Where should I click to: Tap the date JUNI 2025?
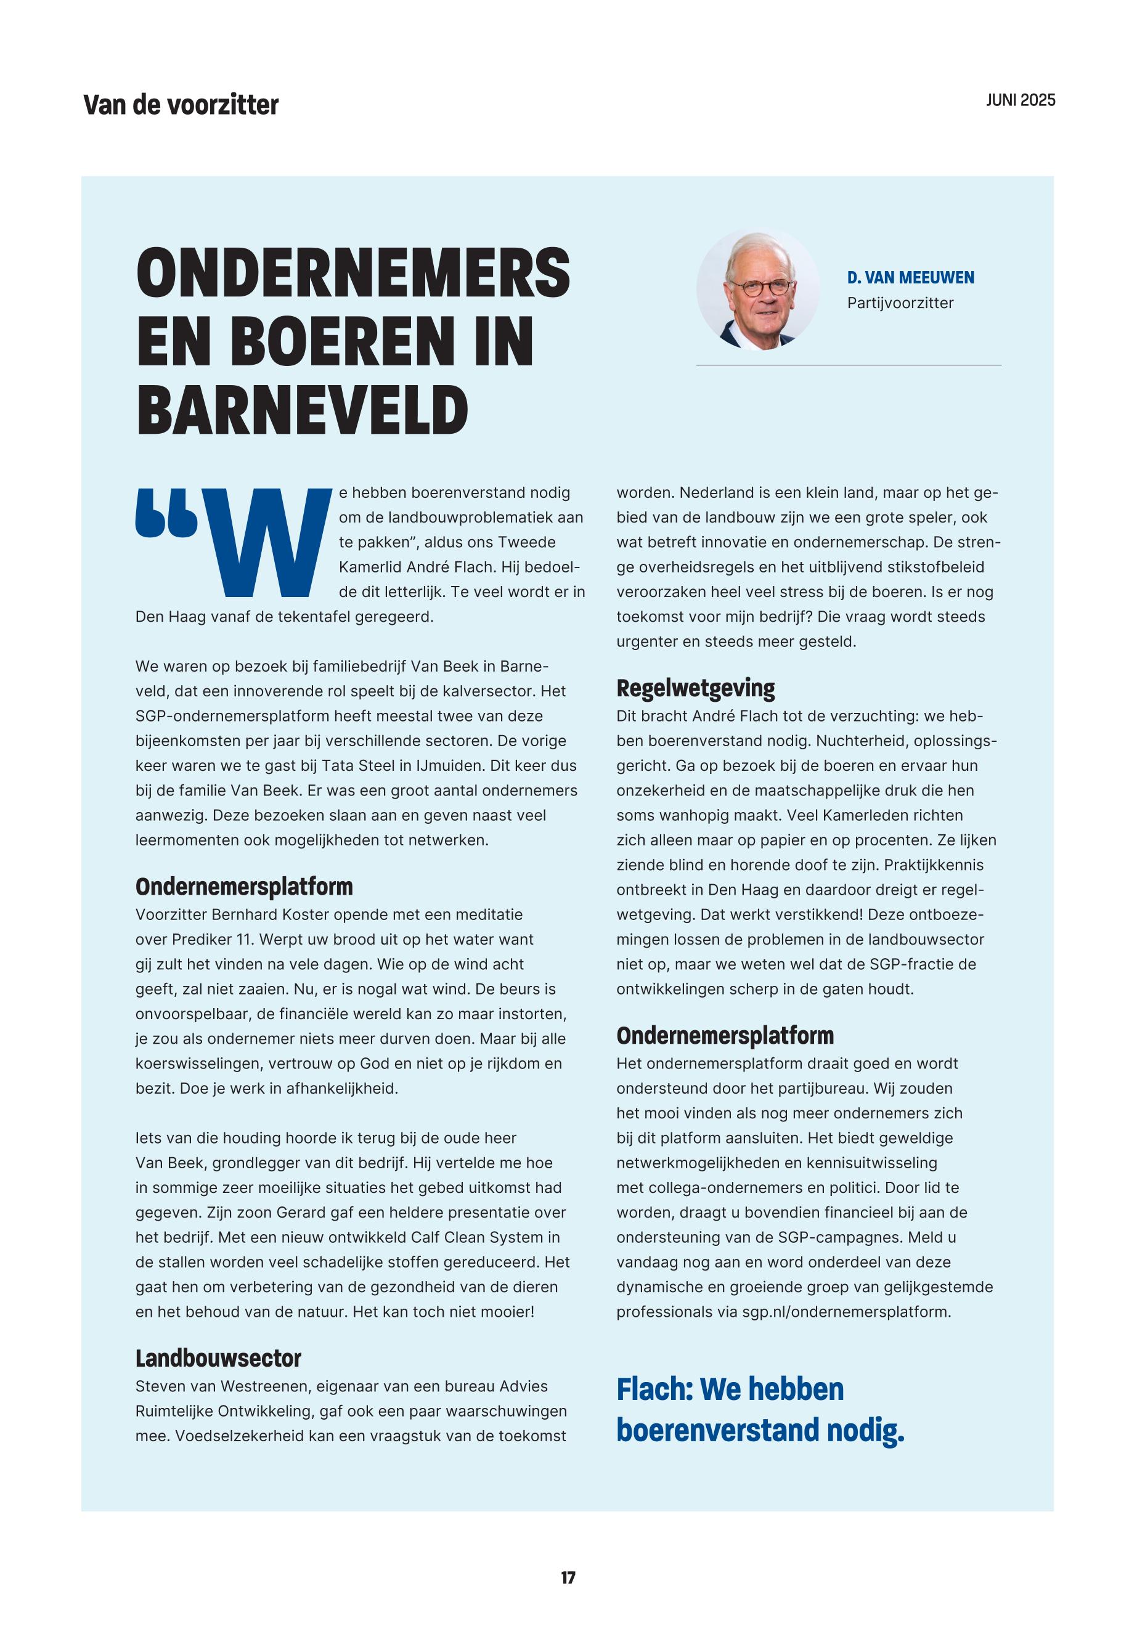pos(1020,100)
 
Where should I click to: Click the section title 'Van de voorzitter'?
pos(181,105)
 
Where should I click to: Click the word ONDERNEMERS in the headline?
pos(353,274)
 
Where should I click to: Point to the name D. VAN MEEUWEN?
pos(910,278)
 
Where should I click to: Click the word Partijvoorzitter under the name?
pos(900,303)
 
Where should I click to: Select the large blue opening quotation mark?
pos(166,511)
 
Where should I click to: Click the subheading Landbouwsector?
pos(218,1359)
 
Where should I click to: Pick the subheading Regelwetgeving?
pos(695,688)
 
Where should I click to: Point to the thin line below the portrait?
pos(848,365)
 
